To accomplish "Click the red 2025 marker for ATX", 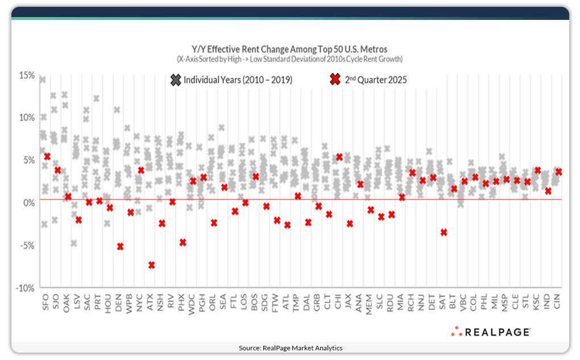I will [x=151, y=265].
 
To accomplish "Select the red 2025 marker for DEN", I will [x=120, y=246].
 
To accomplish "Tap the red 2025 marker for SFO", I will [x=47, y=156].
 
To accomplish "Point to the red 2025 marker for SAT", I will [x=444, y=232].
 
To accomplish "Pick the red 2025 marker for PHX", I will [x=183, y=242].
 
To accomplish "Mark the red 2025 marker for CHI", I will [x=339, y=157].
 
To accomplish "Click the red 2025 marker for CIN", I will [x=558, y=171].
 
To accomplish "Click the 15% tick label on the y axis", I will [x=27, y=75].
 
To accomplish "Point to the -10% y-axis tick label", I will [x=24, y=288].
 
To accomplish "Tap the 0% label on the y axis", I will [x=28, y=203].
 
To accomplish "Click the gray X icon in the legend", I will [x=175, y=80].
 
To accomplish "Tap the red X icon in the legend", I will [x=334, y=80].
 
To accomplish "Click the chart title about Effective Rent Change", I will [x=289, y=49].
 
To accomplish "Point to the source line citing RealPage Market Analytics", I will [x=290, y=347].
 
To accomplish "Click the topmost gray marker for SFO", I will [x=43, y=79].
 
